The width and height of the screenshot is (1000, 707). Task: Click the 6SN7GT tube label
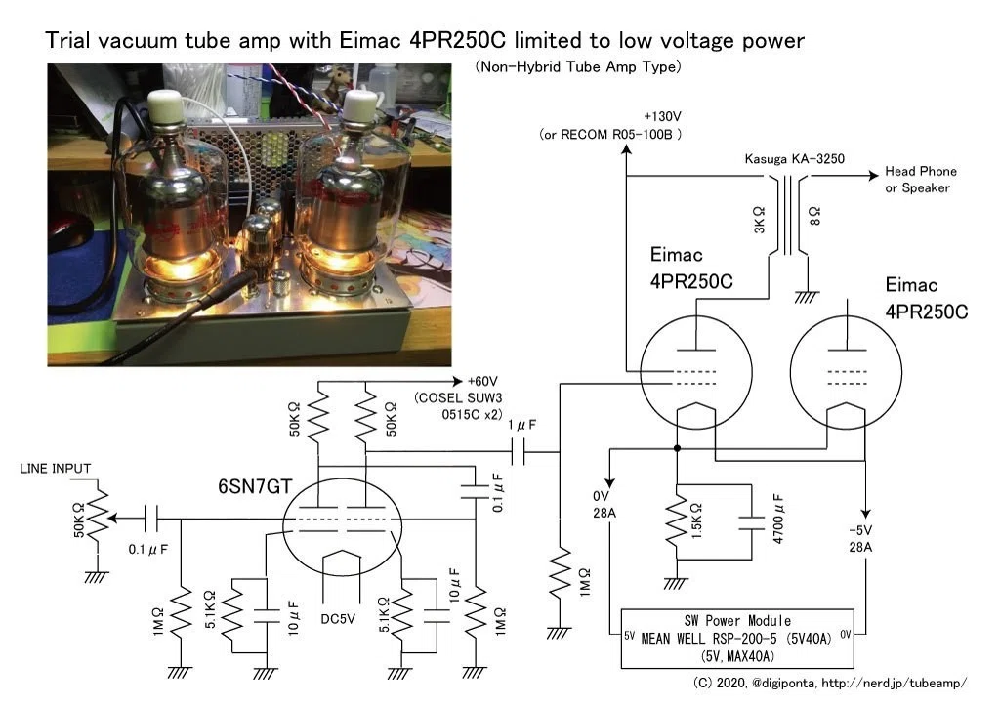click(x=255, y=486)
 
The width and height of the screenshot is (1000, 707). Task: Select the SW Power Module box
click(x=737, y=638)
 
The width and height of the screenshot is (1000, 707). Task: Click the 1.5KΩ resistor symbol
click(x=677, y=522)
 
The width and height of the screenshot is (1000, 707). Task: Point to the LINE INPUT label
click(x=56, y=469)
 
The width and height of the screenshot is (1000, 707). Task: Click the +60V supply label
click(x=482, y=381)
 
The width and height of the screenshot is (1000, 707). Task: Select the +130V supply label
click(x=662, y=116)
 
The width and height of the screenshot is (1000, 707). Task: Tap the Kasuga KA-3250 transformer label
click(x=795, y=159)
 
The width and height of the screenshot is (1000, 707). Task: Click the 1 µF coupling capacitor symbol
click(x=519, y=452)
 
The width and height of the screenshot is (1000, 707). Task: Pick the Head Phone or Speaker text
click(x=920, y=179)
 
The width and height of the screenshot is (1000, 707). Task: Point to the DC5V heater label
click(x=338, y=619)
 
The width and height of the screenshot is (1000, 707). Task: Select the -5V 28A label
click(x=860, y=539)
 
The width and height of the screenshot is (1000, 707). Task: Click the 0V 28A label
click(x=604, y=504)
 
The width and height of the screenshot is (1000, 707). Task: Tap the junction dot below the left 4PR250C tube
click(x=677, y=449)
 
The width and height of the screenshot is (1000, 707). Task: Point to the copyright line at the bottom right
click(x=830, y=684)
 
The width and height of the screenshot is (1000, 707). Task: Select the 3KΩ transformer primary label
click(x=759, y=220)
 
